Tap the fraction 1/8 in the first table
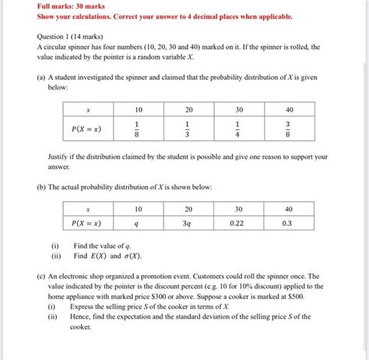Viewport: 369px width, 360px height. coord(138,128)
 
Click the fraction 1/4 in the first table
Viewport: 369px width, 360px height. coord(238,128)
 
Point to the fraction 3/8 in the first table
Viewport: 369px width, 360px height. coord(289,128)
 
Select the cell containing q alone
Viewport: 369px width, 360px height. coord(138,222)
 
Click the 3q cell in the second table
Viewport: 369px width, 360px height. coord(188,222)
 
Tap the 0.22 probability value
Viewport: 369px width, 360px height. coord(238,222)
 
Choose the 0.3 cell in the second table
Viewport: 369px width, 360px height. coord(289,222)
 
